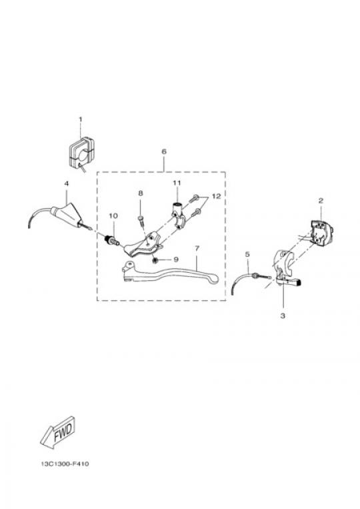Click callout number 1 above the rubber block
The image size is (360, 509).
(81, 119)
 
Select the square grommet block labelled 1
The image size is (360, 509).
(81, 154)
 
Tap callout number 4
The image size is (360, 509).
(67, 183)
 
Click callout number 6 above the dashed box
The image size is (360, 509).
(164, 151)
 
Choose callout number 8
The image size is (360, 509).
(141, 193)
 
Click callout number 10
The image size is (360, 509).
(113, 216)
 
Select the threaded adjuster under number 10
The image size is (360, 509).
(112, 241)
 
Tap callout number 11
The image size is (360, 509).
(177, 183)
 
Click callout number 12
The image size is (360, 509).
(216, 196)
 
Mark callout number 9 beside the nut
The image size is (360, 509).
(176, 260)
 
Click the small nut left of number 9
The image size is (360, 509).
(155, 260)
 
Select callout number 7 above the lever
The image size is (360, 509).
(197, 248)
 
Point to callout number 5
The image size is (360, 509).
(247, 255)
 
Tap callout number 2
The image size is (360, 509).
(321, 201)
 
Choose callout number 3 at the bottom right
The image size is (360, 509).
(283, 315)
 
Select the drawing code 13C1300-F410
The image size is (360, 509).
(65, 464)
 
